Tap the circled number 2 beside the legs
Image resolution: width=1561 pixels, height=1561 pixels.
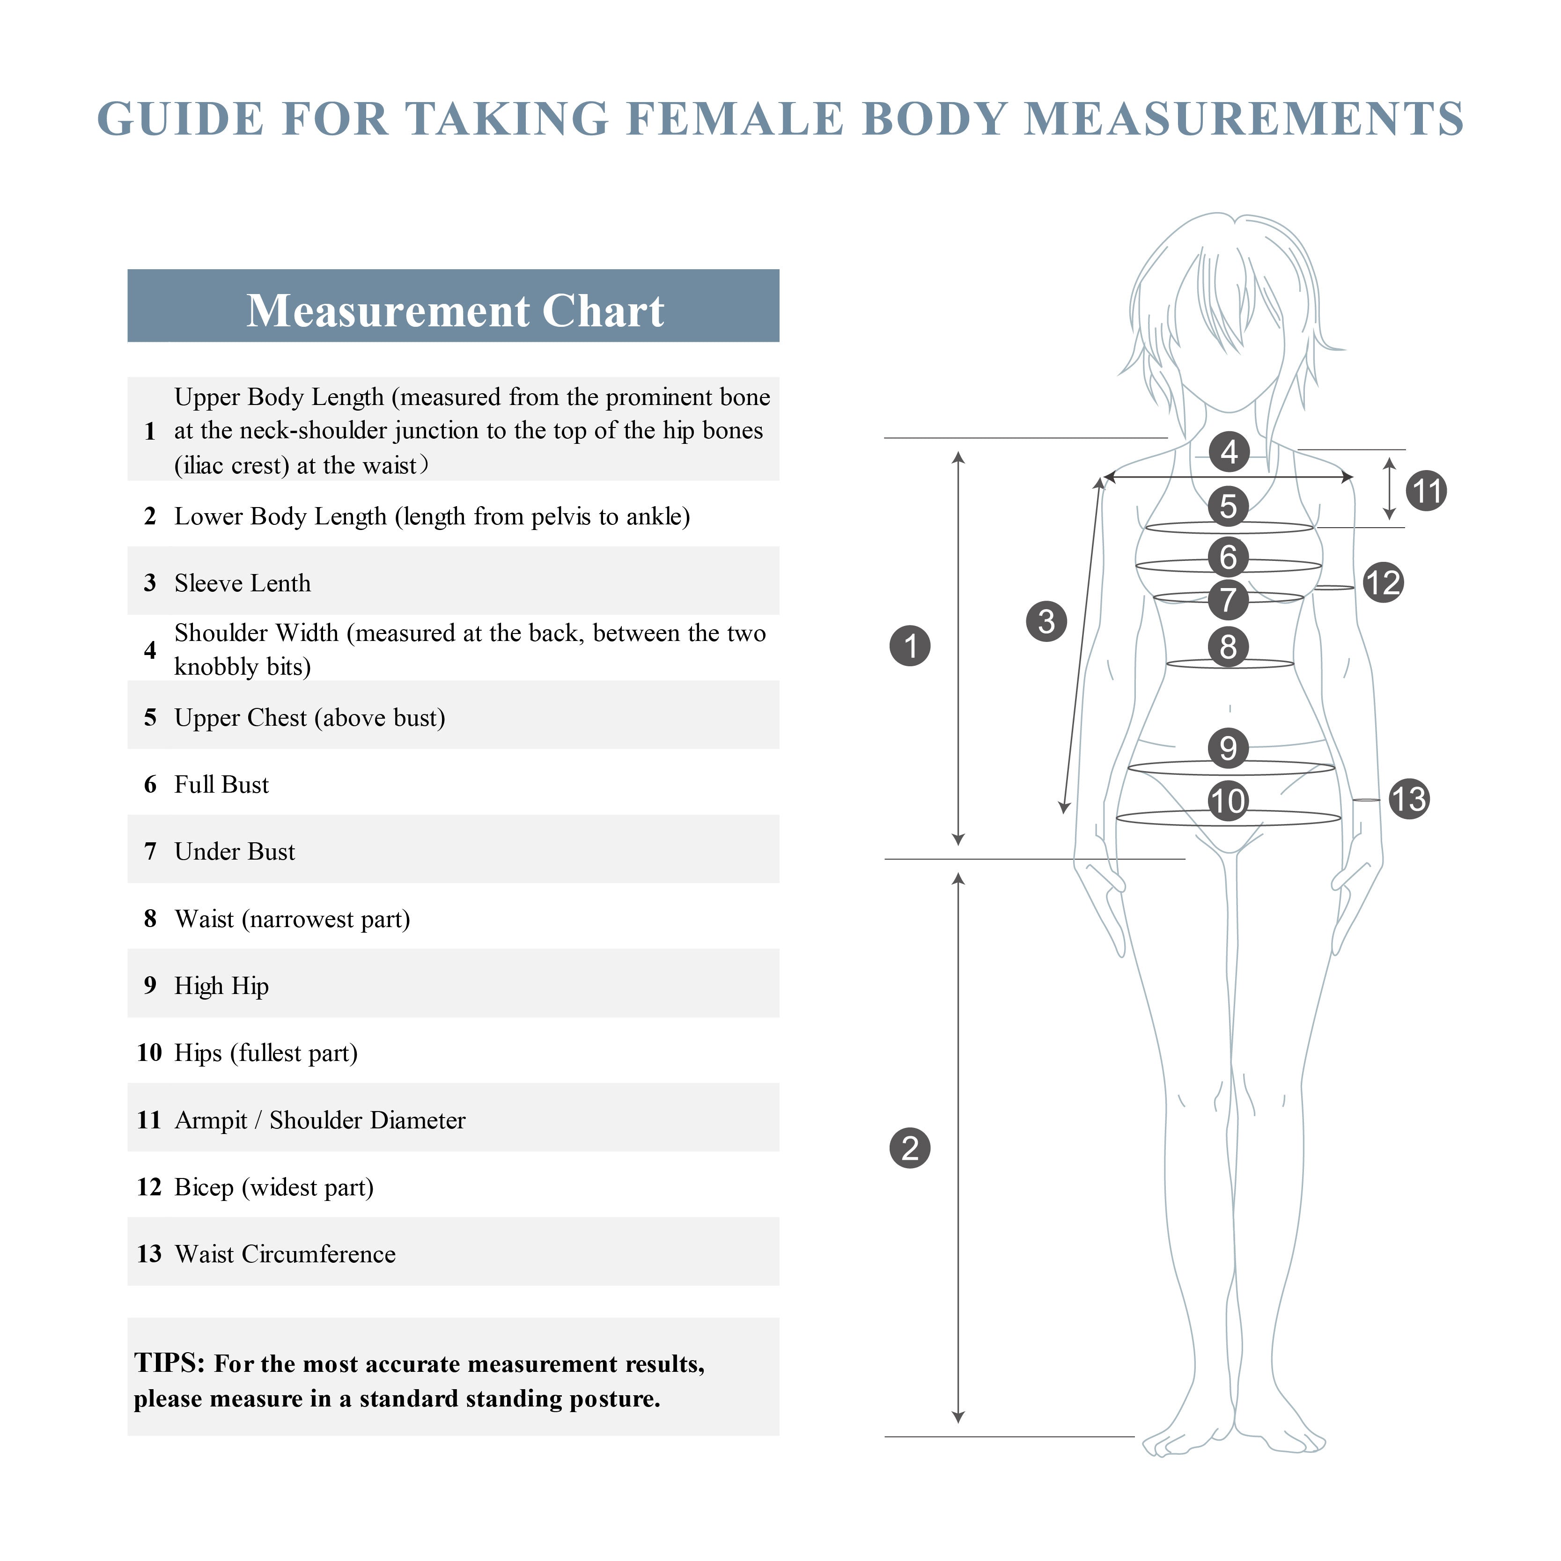[910, 1148]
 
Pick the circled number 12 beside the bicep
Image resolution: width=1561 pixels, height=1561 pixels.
[1383, 582]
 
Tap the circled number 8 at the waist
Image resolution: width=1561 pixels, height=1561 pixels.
[1228, 647]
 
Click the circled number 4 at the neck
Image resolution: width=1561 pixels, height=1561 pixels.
[1229, 452]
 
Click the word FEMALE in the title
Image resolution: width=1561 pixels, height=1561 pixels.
[735, 119]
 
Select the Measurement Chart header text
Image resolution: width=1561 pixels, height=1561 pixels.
[455, 311]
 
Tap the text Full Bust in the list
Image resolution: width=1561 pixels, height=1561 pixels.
[221, 785]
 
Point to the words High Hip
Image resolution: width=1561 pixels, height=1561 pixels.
[221, 986]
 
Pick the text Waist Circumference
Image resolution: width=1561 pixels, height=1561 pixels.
[285, 1254]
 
